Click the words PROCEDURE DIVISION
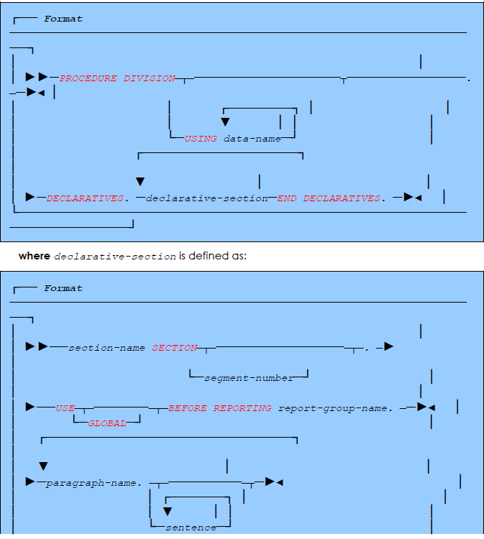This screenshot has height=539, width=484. (x=117, y=78)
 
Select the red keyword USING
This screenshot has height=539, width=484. (x=201, y=139)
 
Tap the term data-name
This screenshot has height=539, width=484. (x=252, y=139)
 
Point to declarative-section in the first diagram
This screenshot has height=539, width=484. (x=207, y=198)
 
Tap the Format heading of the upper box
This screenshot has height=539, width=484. (x=63, y=19)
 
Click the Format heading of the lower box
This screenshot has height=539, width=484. (x=63, y=288)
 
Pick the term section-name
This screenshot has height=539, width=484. (x=107, y=348)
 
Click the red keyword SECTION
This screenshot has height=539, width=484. (x=175, y=348)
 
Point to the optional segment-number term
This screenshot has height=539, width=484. (x=249, y=377)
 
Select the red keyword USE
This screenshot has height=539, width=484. (x=65, y=407)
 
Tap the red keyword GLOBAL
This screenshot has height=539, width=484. (x=106, y=424)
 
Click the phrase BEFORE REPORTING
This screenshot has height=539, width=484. (x=220, y=407)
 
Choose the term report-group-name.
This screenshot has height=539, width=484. (x=335, y=407)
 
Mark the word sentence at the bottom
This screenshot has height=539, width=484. (x=191, y=528)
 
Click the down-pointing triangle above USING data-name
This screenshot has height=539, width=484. (x=225, y=122)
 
